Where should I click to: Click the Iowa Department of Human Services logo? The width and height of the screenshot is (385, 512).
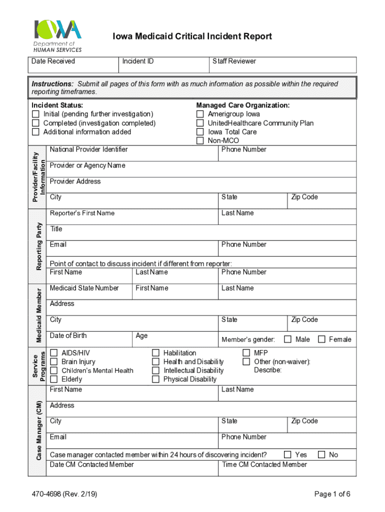click(57, 35)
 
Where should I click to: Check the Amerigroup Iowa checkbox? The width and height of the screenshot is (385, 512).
click(200, 114)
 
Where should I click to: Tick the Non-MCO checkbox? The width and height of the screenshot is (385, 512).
click(200, 141)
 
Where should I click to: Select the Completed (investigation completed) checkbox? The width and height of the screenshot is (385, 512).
click(35, 123)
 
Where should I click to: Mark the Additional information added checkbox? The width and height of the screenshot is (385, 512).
click(35, 132)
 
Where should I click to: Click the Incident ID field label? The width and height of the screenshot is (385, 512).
click(138, 61)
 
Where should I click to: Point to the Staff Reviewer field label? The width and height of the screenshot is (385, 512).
click(234, 61)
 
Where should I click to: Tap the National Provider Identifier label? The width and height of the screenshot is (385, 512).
click(88, 149)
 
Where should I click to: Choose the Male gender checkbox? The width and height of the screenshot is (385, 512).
click(288, 339)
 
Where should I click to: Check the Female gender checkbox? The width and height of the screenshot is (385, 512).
click(321, 339)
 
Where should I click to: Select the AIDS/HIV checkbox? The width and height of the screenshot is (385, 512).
click(54, 353)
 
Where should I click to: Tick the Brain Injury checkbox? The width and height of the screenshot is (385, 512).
click(54, 361)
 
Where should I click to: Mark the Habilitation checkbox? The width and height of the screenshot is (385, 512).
click(156, 353)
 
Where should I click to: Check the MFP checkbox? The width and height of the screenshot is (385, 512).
click(246, 353)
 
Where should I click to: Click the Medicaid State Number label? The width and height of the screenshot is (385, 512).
click(84, 288)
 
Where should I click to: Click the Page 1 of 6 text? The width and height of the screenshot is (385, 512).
click(332, 494)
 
